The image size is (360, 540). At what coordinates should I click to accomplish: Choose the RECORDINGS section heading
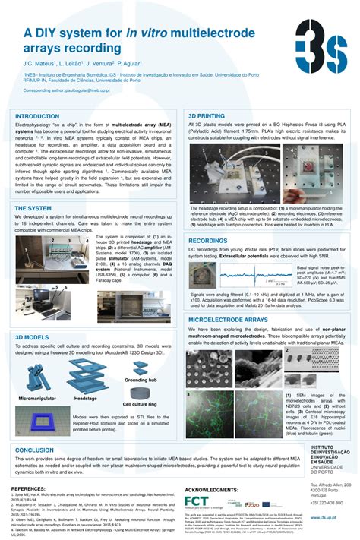[208, 240]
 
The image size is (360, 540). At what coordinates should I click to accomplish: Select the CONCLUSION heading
[34, 450]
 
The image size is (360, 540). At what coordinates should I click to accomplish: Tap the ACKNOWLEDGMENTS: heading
[217, 491]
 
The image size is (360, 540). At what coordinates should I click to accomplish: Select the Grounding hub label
[141, 378]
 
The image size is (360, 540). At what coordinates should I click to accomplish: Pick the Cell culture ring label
[142, 403]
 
